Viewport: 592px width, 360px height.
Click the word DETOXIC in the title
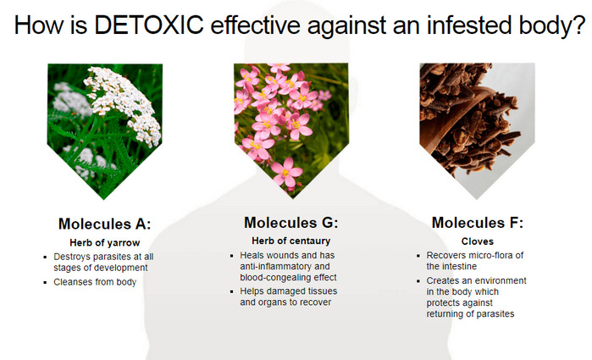149,25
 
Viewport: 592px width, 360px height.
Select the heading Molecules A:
104,224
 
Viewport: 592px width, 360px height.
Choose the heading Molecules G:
291,223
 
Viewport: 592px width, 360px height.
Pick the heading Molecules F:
477,223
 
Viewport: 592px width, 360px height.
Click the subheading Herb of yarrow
104,242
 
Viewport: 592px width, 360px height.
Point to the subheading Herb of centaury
291,241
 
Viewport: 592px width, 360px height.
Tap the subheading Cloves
477,241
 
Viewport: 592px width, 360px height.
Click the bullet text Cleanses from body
95,282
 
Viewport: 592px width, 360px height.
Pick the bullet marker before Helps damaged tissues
232,291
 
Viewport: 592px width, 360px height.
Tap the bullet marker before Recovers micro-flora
418,256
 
